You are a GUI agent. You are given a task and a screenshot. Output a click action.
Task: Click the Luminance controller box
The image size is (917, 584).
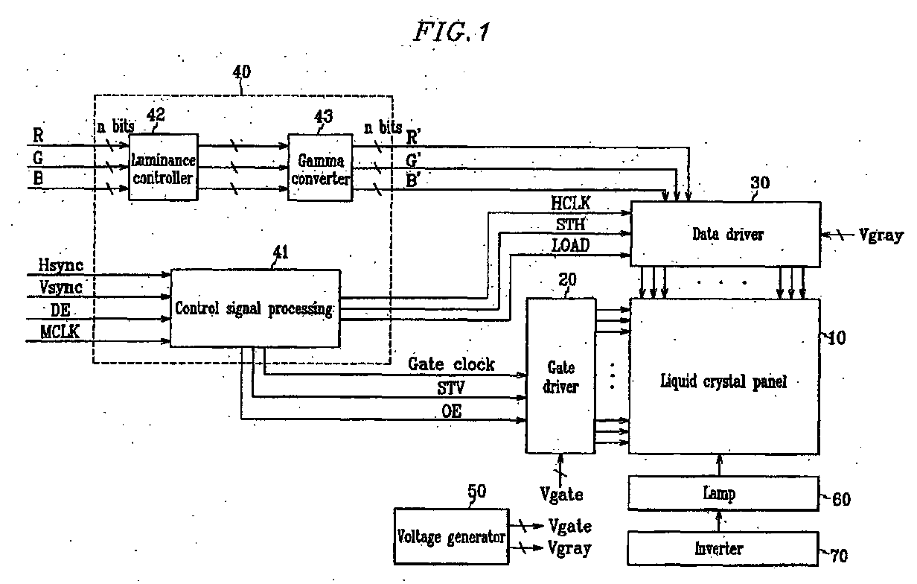click(x=163, y=167)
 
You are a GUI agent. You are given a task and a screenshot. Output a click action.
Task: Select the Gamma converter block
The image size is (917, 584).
click(x=320, y=167)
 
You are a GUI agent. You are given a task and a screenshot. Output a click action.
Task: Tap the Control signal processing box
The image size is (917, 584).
click(x=255, y=308)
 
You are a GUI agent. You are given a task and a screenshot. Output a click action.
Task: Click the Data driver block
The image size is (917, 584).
click(x=726, y=234)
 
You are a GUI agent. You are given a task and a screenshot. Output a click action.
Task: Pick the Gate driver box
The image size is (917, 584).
click(x=560, y=376)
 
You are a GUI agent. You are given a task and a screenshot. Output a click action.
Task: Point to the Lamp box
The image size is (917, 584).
click(x=723, y=493)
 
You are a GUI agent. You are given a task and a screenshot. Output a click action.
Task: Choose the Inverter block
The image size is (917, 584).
click(x=723, y=549)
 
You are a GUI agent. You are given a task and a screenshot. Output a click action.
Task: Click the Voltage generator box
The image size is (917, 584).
click(x=451, y=536)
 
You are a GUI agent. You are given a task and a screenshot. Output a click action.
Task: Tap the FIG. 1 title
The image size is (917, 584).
click(x=452, y=31)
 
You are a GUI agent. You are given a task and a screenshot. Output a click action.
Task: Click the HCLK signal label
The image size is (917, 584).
click(x=571, y=203)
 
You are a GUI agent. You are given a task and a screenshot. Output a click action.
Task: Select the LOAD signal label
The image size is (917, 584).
click(x=571, y=246)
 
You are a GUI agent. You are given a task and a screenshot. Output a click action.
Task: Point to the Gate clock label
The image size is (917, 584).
click(x=451, y=364)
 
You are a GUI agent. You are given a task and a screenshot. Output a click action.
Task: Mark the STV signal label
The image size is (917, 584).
click(x=451, y=387)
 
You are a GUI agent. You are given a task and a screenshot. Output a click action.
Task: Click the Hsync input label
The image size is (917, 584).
click(x=60, y=265)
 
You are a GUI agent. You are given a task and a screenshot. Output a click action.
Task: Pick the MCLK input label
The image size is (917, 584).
click(x=60, y=331)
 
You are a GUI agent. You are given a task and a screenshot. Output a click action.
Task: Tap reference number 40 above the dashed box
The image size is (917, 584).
click(x=241, y=72)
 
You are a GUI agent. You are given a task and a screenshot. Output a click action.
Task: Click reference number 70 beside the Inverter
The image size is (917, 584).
click(x=839, y=556)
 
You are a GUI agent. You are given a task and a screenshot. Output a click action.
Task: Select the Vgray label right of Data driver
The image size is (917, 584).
click(x=881, y=235)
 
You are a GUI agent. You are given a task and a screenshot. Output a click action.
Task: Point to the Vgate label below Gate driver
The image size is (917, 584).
click(x=562, y=495)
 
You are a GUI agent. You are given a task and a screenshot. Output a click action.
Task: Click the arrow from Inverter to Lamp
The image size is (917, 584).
click(x=719, y=521)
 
